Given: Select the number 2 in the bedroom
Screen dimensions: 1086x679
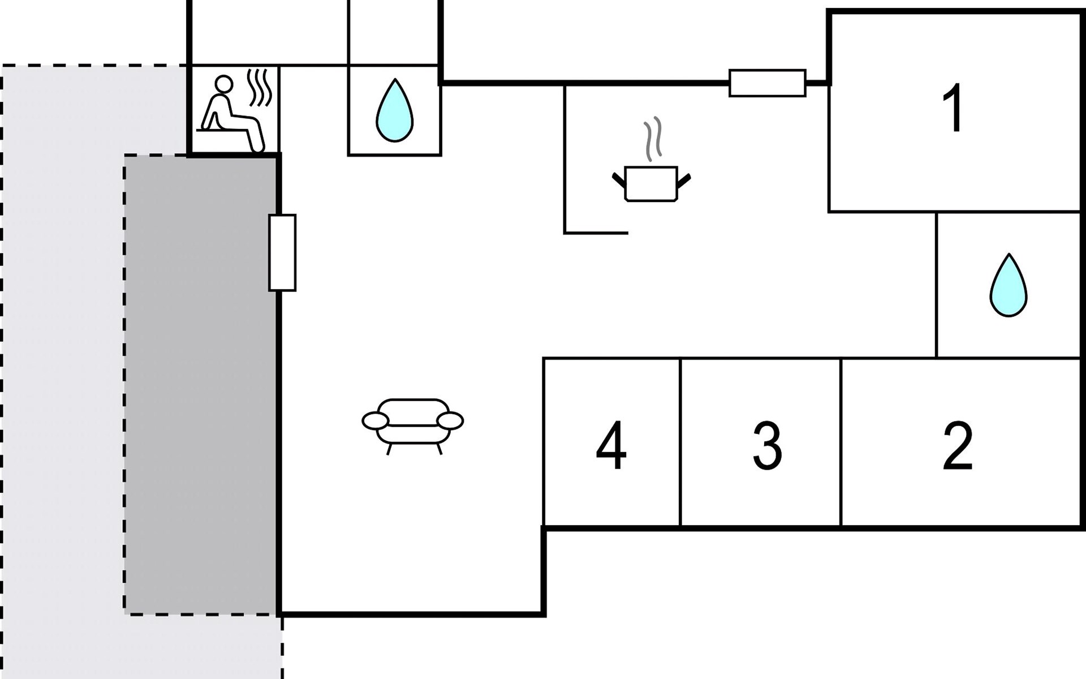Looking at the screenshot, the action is [x=958, y=446].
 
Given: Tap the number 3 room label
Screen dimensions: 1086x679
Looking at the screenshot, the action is [x=768, y=446].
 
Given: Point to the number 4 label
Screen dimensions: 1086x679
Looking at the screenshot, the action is [x=611, y=446].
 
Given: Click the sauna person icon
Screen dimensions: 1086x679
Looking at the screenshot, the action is [x=232, y=114].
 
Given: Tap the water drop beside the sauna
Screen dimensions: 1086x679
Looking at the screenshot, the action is [x=395, y=110].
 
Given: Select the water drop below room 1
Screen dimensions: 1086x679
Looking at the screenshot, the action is [x=1009, y=285].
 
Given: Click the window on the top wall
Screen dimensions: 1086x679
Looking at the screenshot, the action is [x=768, y=83].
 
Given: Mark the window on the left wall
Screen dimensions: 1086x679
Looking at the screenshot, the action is [x=282, y=252].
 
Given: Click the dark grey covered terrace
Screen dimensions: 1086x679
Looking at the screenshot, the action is [x=201, y=385].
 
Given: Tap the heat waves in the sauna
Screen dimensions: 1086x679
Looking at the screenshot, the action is [x=261, y=88].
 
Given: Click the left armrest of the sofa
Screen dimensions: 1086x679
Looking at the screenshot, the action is [x=375, y=421].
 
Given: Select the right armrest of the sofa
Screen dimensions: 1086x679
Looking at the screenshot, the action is [x=451, y=421].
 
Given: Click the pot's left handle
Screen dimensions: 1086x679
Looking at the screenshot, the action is [x=619, y=181].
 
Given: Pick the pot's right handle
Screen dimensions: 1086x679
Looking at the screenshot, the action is [x=684, y=181].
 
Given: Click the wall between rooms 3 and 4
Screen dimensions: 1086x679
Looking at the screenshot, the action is [x=680, y=442].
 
